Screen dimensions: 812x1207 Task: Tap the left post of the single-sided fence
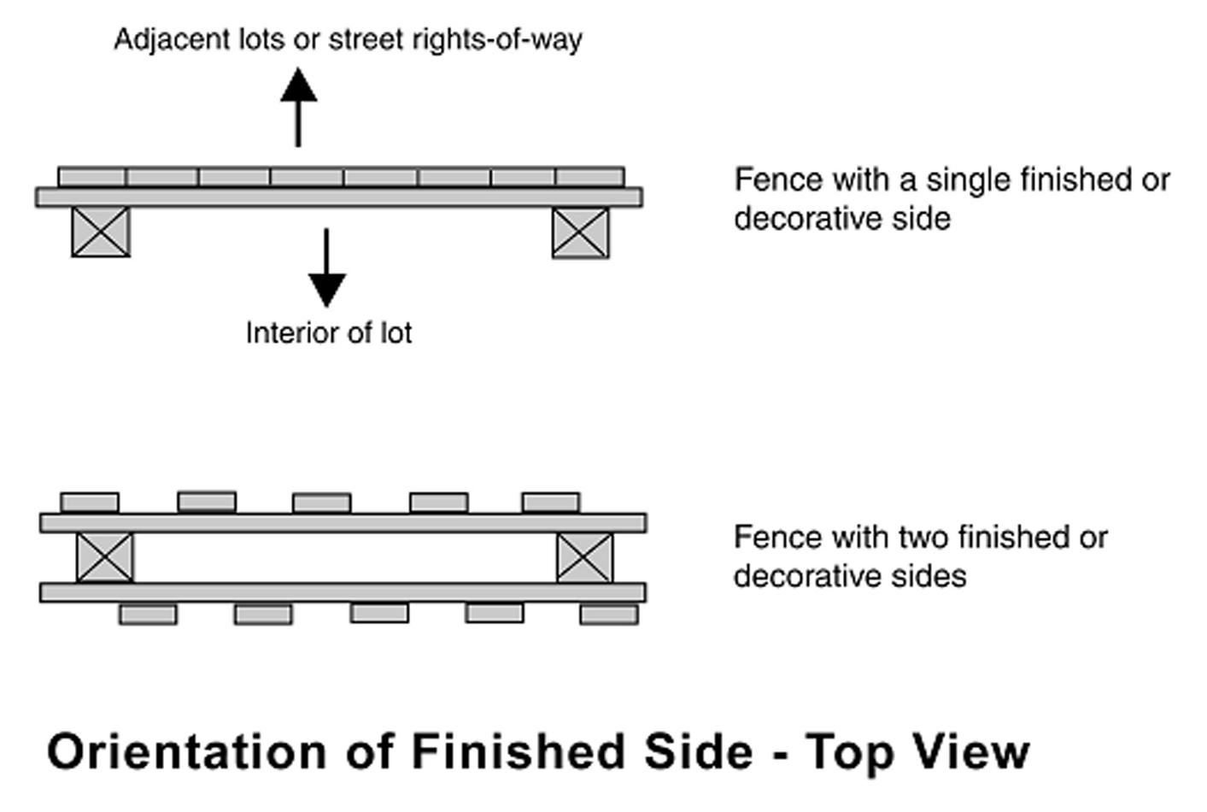101,232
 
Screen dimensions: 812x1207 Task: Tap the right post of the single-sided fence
581,232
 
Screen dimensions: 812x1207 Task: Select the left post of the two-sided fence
105,557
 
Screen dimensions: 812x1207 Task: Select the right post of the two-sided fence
584,557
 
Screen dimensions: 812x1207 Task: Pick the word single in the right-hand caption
972,180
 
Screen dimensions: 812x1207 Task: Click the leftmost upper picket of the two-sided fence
90,502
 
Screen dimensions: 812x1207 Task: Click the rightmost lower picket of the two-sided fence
609,614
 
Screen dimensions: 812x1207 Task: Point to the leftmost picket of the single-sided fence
92,177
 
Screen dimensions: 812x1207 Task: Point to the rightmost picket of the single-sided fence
589,177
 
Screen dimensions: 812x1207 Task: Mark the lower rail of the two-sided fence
343,591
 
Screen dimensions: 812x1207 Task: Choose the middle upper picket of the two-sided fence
321,503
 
